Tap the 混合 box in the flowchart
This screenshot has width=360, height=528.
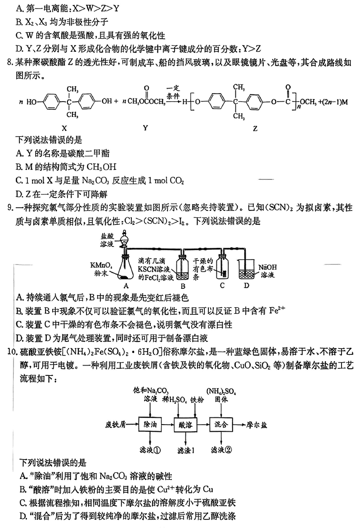(222, 424)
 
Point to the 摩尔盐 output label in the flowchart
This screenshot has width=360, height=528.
(257, 424)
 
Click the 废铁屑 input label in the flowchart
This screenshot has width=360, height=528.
(116, 424)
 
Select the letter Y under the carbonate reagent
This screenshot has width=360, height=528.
(145, 128)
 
